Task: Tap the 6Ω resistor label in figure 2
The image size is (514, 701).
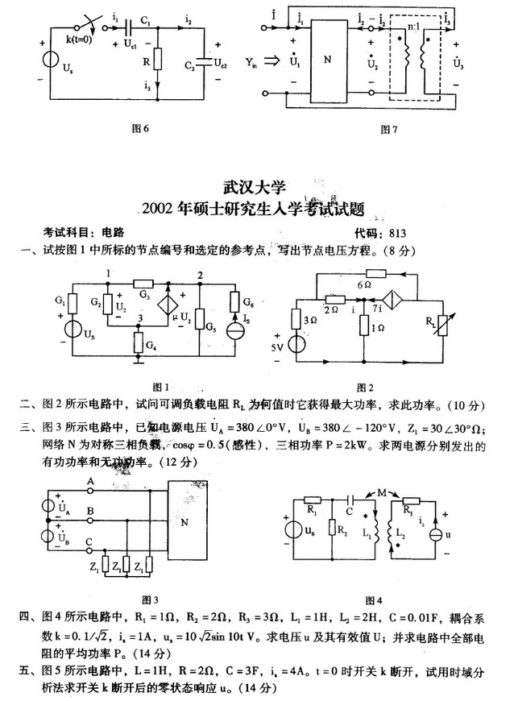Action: coord(364,284)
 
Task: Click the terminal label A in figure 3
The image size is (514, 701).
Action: coord(90,481)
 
